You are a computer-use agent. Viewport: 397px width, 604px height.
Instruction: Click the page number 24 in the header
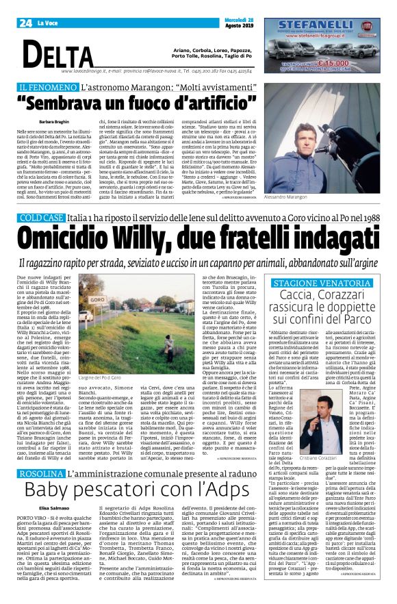(25, 23)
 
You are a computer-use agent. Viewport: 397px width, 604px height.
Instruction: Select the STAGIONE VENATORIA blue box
(332, 283)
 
